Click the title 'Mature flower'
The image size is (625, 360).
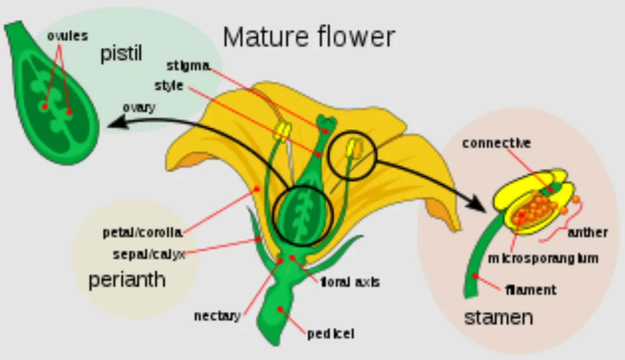tap(309, 37)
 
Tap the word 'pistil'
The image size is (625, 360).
tap(121, 53)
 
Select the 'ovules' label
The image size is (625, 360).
tap(67, 37)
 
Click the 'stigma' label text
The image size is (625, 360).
tap(188, 66)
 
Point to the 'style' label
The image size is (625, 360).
tap(169, 85)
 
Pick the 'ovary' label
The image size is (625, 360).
tap(139, 107)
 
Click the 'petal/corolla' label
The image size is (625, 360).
tap(142, 232)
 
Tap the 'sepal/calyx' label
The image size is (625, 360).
tap(149, 255)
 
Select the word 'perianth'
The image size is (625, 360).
tap(127, 280)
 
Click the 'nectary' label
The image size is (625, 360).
tap(217, 316)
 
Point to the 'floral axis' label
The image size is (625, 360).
tap(350, 282)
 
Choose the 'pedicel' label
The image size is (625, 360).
tap(331, 334)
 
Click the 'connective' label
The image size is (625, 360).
tap(496, 143)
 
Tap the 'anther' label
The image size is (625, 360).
tap(587, 232)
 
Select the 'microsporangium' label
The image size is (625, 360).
tap(543, 258)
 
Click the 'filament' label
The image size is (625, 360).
tap(531, 290)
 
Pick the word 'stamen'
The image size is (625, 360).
tap(498, 318)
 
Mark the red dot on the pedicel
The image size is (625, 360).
tap(280, 309)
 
